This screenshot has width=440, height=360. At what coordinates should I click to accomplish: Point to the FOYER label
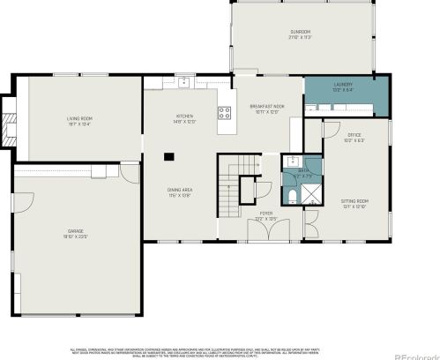click(x=265, y=214)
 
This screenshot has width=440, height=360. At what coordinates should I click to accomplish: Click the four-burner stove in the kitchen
click(x=224, y=112)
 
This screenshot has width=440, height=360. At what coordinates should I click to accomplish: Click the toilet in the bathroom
click(x=292, y=197)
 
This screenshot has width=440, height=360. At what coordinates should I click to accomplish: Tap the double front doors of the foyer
click(x=265, y=229)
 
